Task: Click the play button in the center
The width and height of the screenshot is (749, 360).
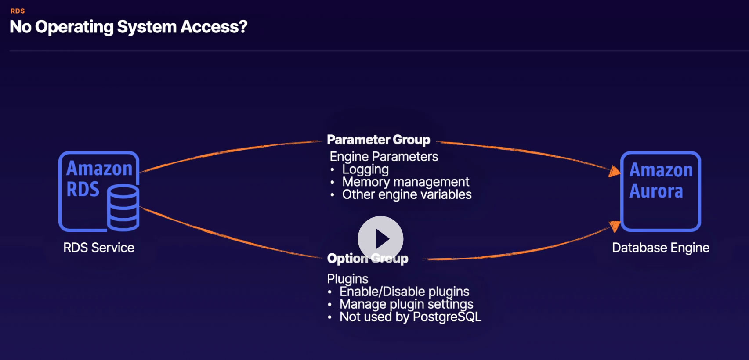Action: pyautogui.click(x=380, y=239)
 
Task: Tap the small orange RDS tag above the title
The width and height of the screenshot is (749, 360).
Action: pyautogui.click(x=18, y=11)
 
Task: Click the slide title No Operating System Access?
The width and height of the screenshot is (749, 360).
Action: pyautogui.click(x=128, y=27)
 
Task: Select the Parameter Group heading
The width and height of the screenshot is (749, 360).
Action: pyautogui.click(x=379, y=140)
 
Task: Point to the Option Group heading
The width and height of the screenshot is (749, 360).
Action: pyautogui.click(x=368, y=259)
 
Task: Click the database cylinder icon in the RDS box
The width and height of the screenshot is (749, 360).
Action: pyautogui.click(x=123, y=208)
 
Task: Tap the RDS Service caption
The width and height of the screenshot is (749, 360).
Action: pyautogui.click(x=99, y=248)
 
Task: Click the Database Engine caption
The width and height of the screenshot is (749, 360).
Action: pyautogui.click(x=661, y=248)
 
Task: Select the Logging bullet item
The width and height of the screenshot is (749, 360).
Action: pyautogui.click(x=365, y=169)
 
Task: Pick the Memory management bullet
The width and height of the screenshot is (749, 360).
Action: pyautogui.click(x=405, y=182)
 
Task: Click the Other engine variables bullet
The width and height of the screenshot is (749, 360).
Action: pyautogui.click(x=407, y=194)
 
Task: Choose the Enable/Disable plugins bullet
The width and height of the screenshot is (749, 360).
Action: pyautogui.click(x=404, y=292)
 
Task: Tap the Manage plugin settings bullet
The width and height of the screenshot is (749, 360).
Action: pyautogui.click(x=406, y=305)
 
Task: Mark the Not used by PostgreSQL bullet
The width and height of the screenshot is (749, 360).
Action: pyautogui.click(x=410, y=317)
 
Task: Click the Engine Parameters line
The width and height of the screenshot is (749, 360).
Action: pyautogui.click(x=384, y=157)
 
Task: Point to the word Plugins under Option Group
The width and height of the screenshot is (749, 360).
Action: pyautogui.click(x=347, y=279)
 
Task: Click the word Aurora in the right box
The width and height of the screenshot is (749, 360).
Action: pyautogui.click(x=656, y=191)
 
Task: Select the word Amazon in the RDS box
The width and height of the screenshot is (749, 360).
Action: pyautogui.click(x=99, y=168)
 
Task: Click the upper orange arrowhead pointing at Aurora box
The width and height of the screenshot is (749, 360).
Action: pyautogui.click(x=614, y=171)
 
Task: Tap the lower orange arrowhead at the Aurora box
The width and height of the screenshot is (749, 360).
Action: pyautogui.click(x=615, y=226)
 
